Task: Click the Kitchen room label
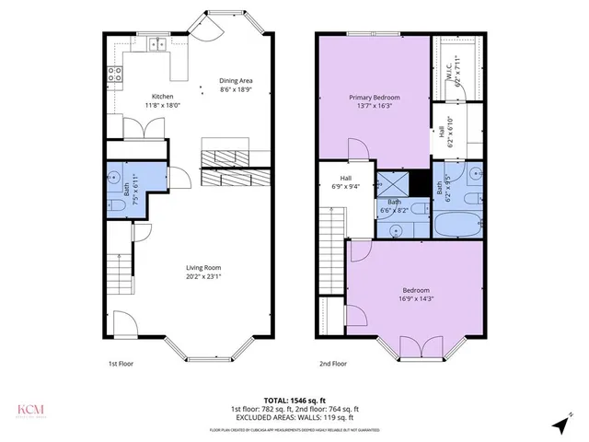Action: pos(162,101)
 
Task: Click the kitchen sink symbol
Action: pos(157,43)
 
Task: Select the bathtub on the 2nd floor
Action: pos(457,224)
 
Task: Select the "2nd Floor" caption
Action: pos(333,364)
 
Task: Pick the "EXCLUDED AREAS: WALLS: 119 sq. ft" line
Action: pos(294,416)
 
